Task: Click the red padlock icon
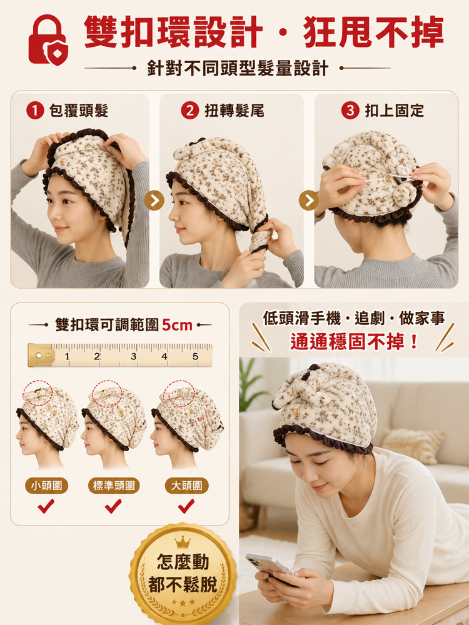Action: pos(48,40)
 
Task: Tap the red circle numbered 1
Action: pos(35,111)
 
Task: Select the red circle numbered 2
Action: pos(190,111)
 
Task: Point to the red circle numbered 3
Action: pos(350,111)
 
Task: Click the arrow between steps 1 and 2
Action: pos(154,201)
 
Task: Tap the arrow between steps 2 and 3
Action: pos(309,201)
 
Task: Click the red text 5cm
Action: pos(177,325)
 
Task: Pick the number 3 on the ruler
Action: pos(133,356)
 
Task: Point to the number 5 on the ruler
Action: pos(195,356)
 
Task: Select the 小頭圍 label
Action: pos(47,486)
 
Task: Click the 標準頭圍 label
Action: pos(114,486)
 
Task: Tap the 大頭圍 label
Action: pos(186,486)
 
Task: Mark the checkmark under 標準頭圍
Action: pos(113,506)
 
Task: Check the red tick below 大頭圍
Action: pos(186,506)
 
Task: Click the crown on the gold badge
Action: pos(183,542)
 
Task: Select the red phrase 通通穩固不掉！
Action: pos(354,342)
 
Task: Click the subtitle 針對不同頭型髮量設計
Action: pos(238,68)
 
